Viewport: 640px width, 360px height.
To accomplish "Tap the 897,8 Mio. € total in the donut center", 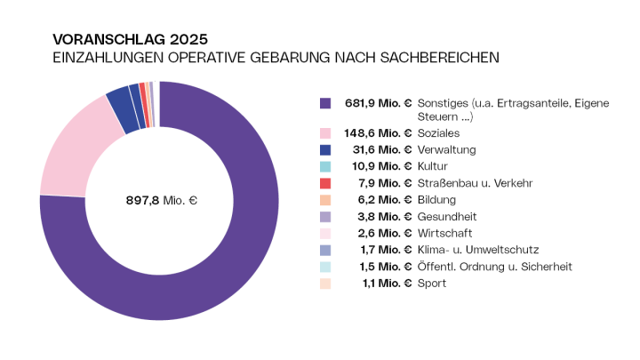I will [x=161, y=201].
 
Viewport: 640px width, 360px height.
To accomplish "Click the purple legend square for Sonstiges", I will [x=325, y=103].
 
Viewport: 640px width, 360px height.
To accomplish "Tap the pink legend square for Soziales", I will [x=325, y=132].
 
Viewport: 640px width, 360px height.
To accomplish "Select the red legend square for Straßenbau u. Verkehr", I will [x=325, y=183].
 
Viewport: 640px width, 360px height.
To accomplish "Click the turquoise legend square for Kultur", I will [x=325, y=166].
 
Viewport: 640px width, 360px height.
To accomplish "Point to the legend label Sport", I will [x=431, y=284].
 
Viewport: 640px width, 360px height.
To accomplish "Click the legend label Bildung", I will [x=436, y=200].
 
